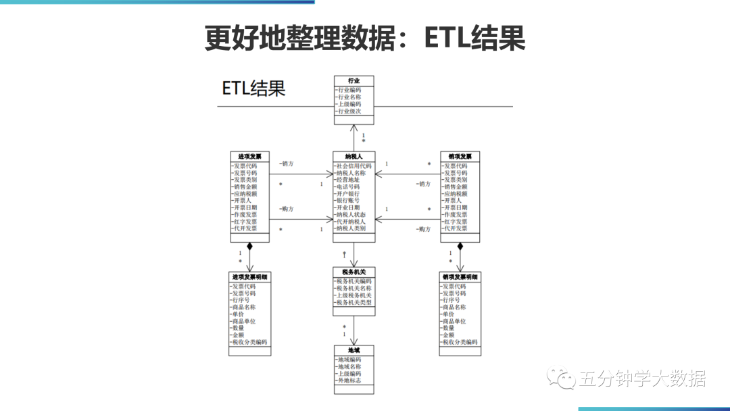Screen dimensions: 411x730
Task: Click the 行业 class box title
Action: click(354, 80)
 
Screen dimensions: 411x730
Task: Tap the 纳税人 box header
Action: click(354, 156)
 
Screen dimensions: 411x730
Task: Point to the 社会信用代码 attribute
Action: click(354, 166)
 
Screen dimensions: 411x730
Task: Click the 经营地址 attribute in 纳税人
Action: click(348, 180)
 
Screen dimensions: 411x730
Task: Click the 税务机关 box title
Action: click(354, 272)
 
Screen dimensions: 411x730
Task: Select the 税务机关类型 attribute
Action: click(354, 303)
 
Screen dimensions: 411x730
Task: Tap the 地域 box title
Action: click(354, 350)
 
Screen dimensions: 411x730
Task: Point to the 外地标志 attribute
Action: click(349, 381)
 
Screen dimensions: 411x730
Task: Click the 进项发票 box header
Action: click(249, 156)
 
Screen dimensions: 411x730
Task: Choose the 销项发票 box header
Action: click(460, 156)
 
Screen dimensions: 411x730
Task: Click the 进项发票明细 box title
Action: click(249, 277)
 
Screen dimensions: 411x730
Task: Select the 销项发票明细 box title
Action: click(460, 277)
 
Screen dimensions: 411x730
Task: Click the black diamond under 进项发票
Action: click(249, 246)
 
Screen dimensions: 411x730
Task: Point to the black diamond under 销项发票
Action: click(460, 246)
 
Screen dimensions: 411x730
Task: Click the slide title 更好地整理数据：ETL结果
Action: click(365, 39)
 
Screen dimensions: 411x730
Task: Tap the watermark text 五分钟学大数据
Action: click(642, 379)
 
